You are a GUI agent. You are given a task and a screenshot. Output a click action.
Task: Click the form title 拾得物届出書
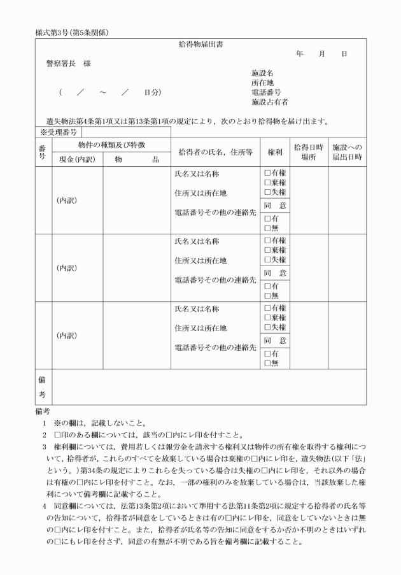(200, 45)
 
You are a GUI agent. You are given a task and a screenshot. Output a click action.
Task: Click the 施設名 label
(262, 73)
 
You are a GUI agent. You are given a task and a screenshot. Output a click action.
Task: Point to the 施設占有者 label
(270, 102)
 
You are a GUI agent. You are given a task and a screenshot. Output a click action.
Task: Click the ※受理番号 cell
(58, 132)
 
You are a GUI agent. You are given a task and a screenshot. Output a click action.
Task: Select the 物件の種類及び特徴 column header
(111, 145)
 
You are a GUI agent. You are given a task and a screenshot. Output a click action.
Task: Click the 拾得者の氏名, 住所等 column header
(216, 152)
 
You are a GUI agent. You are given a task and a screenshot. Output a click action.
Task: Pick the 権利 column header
(275, 152)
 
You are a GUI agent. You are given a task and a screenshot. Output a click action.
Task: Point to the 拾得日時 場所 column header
(309, 152)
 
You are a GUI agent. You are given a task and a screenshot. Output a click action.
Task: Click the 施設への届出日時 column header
(347, 152)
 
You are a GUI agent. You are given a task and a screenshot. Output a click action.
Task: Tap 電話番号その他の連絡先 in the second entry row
(215, 280)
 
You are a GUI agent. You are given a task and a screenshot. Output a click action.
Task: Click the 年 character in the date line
(300, 54)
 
